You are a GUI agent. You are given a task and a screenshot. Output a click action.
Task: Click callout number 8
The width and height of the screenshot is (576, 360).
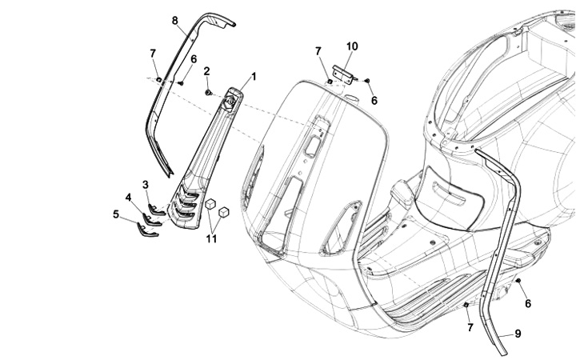[175, 19]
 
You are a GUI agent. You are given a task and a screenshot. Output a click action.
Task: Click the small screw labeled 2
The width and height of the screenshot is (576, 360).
[209, 93]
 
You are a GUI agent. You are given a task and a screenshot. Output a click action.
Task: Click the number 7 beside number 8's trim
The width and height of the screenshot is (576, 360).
[153, 53]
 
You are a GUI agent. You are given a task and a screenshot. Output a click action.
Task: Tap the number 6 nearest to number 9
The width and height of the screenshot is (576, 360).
[528, 303]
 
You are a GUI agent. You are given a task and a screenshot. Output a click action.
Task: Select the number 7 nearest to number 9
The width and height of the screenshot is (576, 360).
[470, 327]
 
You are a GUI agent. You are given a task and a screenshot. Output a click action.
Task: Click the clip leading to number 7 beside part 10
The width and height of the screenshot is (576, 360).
[329, 81]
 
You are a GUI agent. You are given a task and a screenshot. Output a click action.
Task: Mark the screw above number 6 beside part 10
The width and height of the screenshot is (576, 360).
[366, 81]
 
